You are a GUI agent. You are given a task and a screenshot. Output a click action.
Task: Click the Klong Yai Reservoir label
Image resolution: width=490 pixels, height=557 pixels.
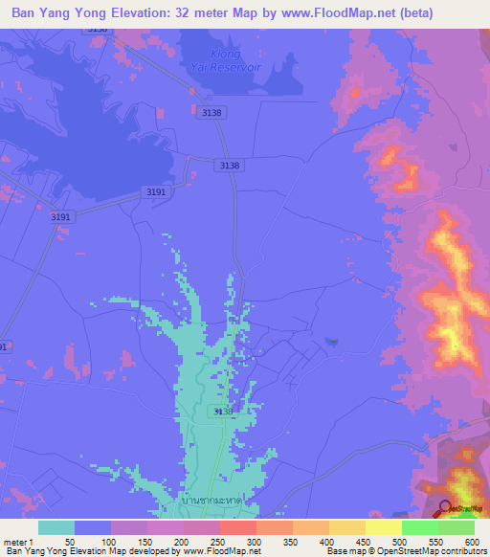pyautogui.click(x=240, y=60)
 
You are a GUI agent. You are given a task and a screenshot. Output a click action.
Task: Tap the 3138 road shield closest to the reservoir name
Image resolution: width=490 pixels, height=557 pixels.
pyautogui.click(x=212, y=113)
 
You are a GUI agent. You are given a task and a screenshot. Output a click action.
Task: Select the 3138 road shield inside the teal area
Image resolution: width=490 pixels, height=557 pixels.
pyautogui.click(x=222, y=411)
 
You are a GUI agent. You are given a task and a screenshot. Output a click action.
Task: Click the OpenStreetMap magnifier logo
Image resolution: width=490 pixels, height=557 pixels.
pyautogui.click(x=446, y=509)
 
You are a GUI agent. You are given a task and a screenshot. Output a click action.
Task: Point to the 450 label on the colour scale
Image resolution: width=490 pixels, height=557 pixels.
pyautogui.click(x=366, y=541)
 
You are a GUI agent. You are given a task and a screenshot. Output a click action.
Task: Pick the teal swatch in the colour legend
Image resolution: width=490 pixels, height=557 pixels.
pyautogui.click(x=56, y=527)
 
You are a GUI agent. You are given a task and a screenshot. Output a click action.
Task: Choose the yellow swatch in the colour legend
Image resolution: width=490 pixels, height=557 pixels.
pyautogui.click(x=384, y=527)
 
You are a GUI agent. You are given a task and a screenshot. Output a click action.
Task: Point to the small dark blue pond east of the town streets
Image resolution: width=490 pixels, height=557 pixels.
pyautogui.click(x=331, y=341)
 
